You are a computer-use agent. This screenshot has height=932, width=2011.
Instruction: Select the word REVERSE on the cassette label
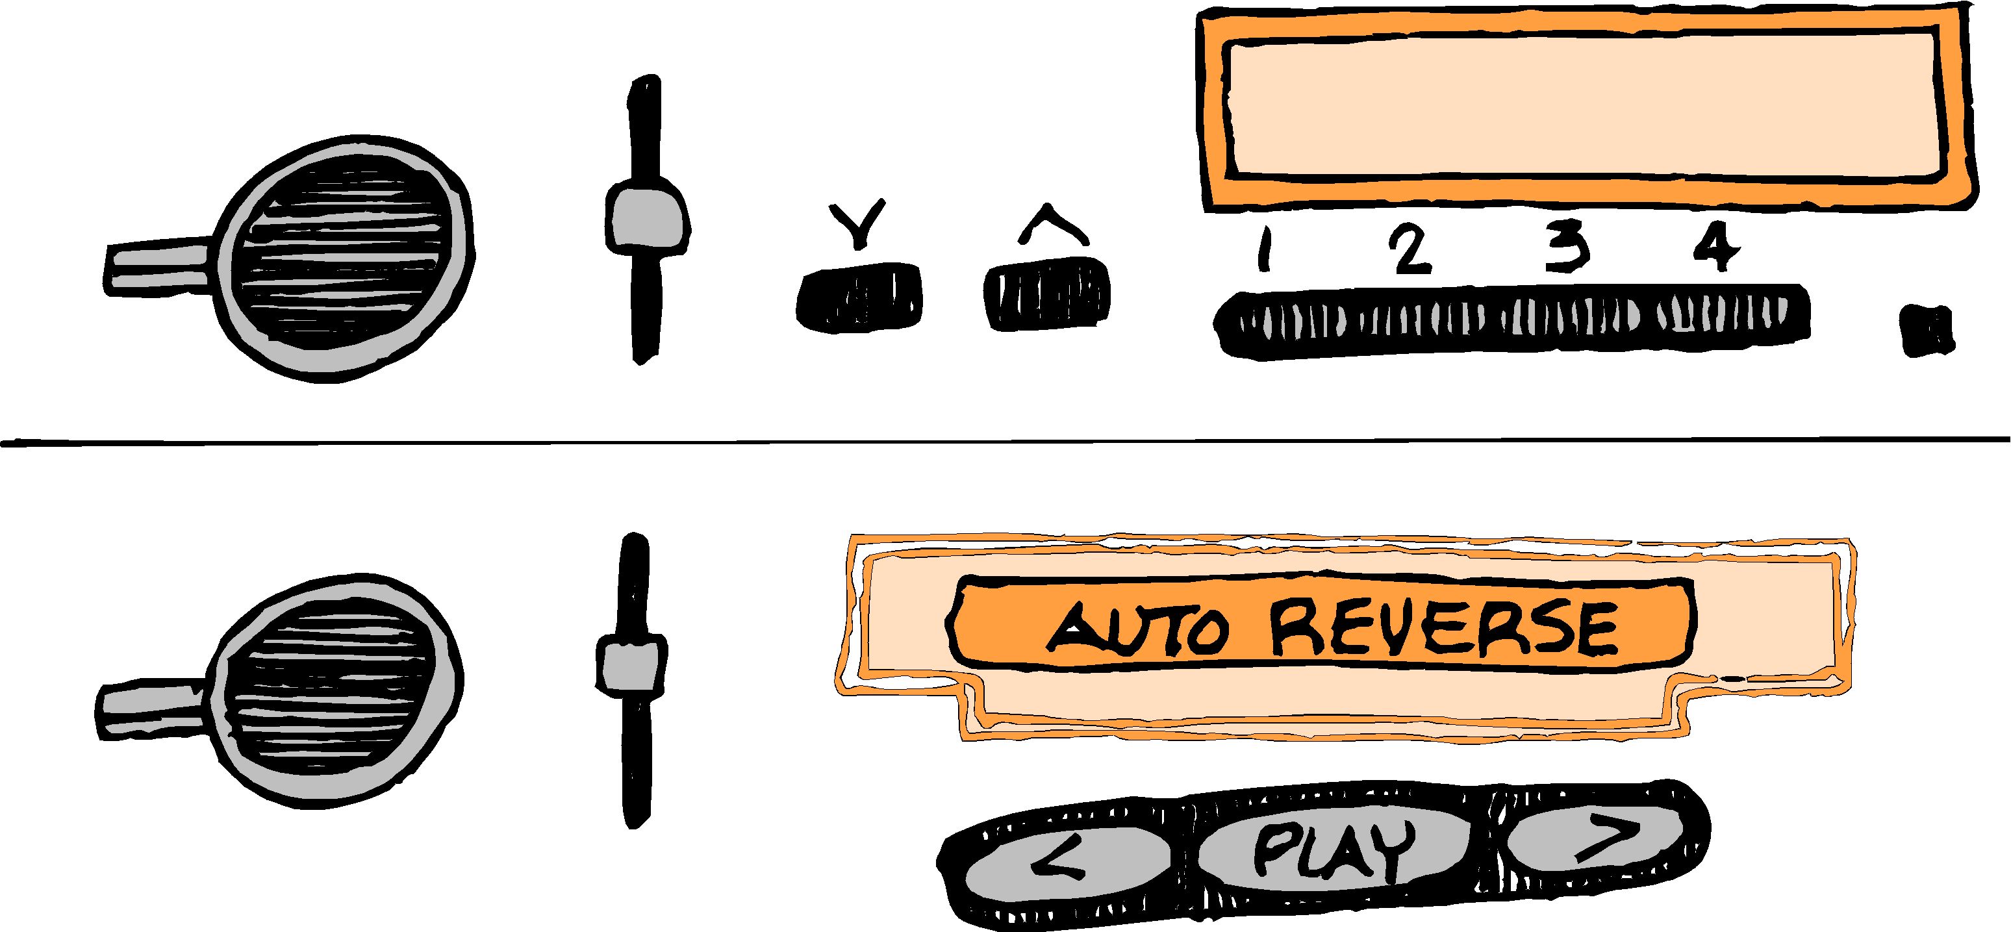1443,628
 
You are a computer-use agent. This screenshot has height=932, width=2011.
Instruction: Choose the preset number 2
1410,250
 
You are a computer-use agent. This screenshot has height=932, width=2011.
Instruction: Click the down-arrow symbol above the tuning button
858,223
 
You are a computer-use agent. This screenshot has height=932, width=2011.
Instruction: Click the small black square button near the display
1927,329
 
